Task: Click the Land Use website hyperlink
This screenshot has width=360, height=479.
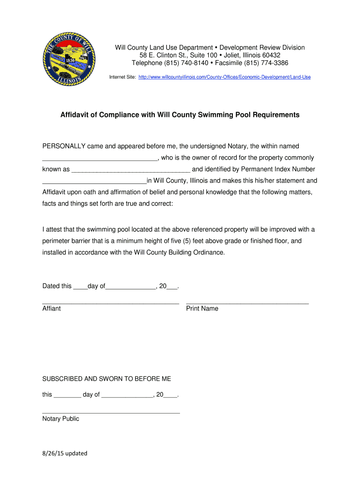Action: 224,77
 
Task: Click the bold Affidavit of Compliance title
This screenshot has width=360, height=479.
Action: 180,115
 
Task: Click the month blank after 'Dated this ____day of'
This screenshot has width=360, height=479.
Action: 130,287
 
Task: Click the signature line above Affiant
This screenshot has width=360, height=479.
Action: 111,304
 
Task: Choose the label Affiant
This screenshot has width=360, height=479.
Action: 51,309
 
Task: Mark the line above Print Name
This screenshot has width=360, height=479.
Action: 247,304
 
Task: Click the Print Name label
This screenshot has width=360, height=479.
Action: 202,309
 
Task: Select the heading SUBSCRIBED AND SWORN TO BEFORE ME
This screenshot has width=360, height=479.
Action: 107,378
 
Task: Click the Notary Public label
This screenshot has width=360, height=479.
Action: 61,419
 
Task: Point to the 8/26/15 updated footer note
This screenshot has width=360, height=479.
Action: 65,453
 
